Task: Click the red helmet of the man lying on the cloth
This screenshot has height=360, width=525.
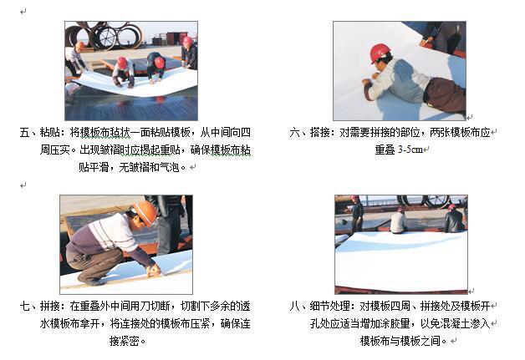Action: coord(380,52)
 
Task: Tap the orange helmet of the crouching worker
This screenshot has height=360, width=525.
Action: coord(145,212)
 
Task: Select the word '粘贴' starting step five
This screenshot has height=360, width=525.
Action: coord(50,133)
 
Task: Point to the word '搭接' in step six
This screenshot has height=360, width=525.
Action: coord(320,133)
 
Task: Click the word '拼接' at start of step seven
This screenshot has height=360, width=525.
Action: coord(50,306)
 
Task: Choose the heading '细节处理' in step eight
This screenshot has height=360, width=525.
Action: coord(330,306)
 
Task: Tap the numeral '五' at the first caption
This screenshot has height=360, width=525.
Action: coord(25,133)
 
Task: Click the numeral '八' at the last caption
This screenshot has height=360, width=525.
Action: coord(295,306)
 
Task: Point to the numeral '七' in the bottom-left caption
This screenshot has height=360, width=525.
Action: coord(25,306)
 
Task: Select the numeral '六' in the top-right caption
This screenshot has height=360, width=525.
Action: coord(295,133)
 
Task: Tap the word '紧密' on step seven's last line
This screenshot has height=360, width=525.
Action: coord(130,341)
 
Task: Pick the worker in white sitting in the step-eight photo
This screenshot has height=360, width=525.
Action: coord(398,221)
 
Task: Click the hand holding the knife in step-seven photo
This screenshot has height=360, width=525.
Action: coord(153,271)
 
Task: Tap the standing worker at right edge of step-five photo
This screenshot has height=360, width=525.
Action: coord(190,53)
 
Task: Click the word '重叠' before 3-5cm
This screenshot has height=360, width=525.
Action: coord(385,150)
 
